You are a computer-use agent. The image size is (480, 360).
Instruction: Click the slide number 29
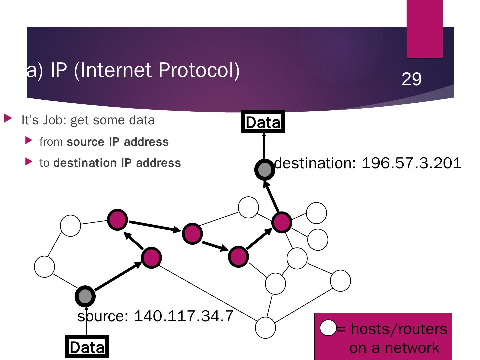(411, 79)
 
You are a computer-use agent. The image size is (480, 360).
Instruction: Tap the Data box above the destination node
(263, 122)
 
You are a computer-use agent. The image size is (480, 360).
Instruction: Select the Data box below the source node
(87, 347)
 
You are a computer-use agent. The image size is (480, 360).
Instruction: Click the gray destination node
(264, 169)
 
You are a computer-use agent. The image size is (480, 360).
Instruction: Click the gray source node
(85, 296)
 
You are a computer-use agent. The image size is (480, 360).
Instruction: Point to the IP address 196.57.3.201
(411, 163)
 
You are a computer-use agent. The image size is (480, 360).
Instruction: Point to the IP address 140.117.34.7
(183, 315)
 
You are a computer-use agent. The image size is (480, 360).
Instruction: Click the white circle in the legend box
(328, 328)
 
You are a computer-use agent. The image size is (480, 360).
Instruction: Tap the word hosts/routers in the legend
(399, 329)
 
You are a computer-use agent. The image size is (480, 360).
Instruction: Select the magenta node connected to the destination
(282, 222)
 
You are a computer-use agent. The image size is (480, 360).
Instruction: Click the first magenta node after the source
(151, 258)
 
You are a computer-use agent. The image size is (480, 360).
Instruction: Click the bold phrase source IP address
(118, 142)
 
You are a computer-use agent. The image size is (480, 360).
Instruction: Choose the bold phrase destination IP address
(117, 163)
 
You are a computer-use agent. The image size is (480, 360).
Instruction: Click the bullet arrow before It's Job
(8, 118)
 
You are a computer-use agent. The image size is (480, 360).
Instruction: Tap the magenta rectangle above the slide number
(424, 29)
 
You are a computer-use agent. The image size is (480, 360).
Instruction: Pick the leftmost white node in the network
(44, 267)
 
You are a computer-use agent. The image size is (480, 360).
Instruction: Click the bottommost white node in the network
(265, 328)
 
